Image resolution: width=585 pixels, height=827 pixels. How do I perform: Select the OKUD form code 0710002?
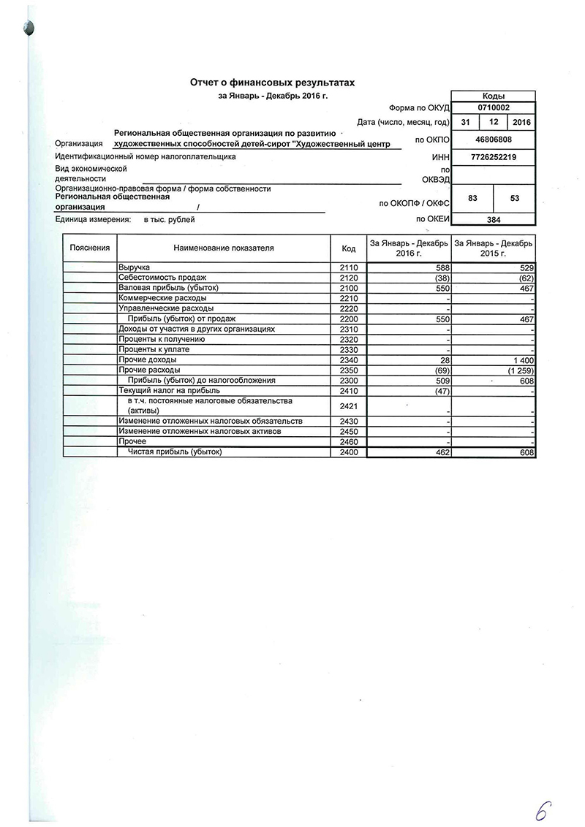pyautogui.click(x=494, y=107)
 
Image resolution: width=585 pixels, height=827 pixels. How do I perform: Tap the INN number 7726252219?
pyautogui.click(x=494, y=157)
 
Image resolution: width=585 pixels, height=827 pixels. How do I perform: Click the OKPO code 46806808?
pyautogui.click(x=494, y=139)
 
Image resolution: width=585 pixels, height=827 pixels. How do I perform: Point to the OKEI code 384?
pyautogui.click(x=494, y=218)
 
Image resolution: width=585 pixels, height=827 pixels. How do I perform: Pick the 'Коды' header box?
pyautogui.click(x=494, y=96)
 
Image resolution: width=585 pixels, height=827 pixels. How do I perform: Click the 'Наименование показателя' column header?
pyautogui.click(x=224, y=248)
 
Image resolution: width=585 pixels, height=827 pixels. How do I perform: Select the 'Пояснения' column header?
pyautogui.click(x=90, y=248)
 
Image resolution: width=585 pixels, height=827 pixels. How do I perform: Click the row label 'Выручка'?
pyautogui.click(x=134, y=268)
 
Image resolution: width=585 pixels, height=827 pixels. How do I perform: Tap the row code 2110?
pyautogui.click(x=348, y=268)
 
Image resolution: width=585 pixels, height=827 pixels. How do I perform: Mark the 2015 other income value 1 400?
pyautogui.click(x=524, y=360)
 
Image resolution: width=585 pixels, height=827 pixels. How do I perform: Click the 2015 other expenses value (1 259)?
pyautogui.click(x=521, y=370)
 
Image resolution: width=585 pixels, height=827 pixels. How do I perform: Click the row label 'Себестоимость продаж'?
pyautogui.click(x=162, y=278)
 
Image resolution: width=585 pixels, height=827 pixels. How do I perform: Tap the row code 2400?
pyautogui.click(x=348, y=453)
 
